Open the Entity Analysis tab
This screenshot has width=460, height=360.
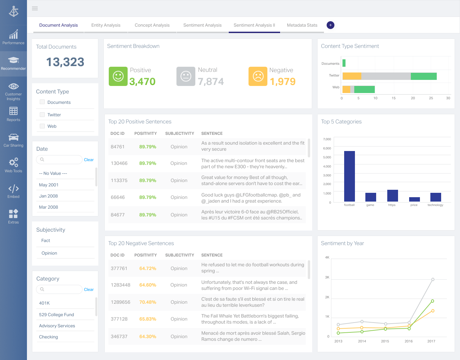pyautogui.click(x=106, y=25)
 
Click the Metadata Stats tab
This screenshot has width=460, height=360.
pyautogui.click(x=302, y=25)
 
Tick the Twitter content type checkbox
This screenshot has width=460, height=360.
pyautogui.click(x=42, y=115)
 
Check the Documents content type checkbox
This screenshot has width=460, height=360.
pyautogui.click(x=42, y=102)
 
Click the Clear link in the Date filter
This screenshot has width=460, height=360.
pyautogui.click(x=89, y=160)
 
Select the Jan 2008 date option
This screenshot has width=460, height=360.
pyautogui.click(x=48, y=196)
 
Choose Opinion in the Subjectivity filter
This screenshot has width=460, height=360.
pyautogui.click(x=49, y=253)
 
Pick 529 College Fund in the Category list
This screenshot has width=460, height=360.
pyautogui.click(x=57, y=314)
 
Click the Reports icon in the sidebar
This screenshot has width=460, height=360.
pyautogui.click(x=13, y=111)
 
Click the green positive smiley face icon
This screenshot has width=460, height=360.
pyautogui.click(x=118, y=76)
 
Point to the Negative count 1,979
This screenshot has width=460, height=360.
pyautogui.click(x=283, y=82)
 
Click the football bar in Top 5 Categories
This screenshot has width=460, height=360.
pyautogui.click(x=349, y=176)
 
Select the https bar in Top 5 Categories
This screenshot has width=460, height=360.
pyautogui.click(x=392, y=196)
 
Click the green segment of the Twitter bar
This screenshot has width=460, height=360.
pyautogui.click(x=424, y=76)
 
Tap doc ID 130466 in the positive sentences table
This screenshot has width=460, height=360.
pyautogui.click(x=119, y=163)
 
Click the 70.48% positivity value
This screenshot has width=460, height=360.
pyautogui.click(x=147, y=302)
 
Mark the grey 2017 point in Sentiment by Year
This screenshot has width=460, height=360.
pyautogui.click(x=433, y=279)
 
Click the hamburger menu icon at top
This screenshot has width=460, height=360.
pyautogui.click(x=35, y=8)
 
